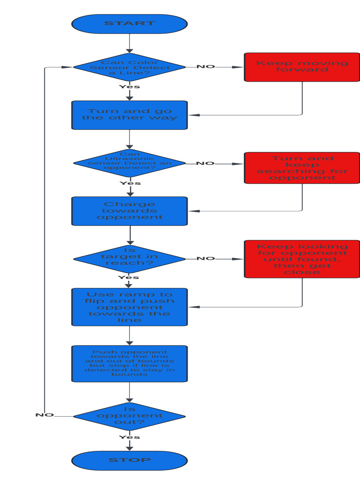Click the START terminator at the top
coord(129,24)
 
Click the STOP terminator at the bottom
coord(129,460)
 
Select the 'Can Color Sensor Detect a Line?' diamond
coord(129,67)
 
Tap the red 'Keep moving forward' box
coord(302,67)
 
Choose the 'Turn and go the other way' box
coord(129,115)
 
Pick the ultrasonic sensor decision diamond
coord(129,163)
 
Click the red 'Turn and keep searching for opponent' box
coord(302,168)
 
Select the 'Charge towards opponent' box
coord(129,211)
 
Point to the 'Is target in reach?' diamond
coord(129,258)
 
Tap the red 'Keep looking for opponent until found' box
coord(302,259)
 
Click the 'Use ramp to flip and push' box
coord(129,307)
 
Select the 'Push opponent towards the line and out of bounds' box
coord(129,364)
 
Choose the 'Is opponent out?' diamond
coord(129,416)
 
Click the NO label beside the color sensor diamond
coord(205,67)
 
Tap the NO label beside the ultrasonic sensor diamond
coord(205,163)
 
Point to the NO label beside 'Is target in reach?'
coord(205,258)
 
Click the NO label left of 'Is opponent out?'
coord(45,415)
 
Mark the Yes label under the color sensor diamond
coord(129,87)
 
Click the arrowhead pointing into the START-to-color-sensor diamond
coord(129,50)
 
